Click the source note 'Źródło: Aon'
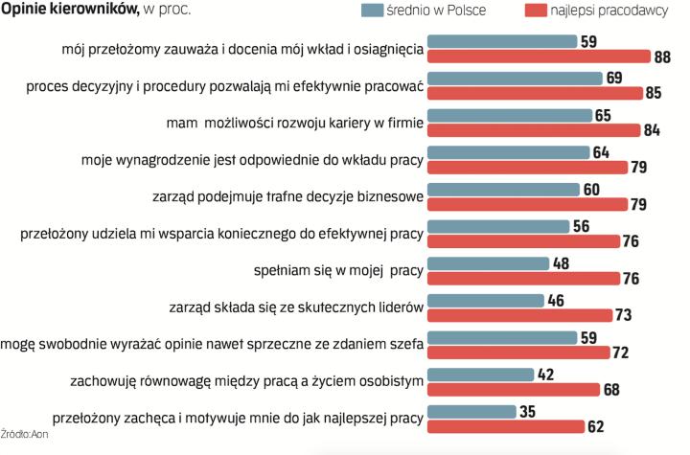tap(24, 436)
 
